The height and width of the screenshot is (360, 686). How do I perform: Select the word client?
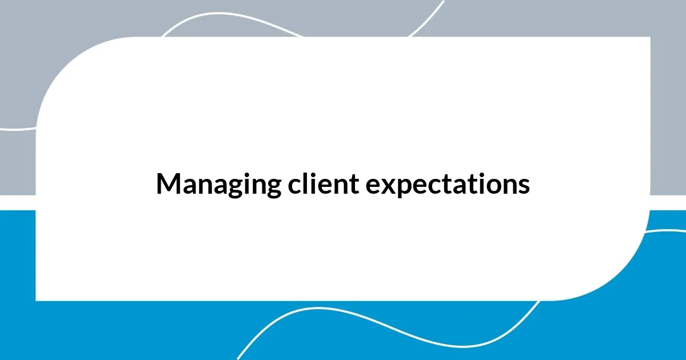316,185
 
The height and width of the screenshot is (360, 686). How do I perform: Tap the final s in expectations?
524,186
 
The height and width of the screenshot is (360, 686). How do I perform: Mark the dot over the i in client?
311,174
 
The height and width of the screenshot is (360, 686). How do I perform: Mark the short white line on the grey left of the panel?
17,129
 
